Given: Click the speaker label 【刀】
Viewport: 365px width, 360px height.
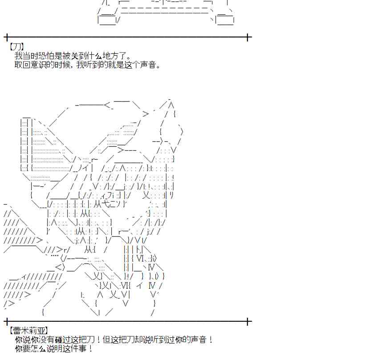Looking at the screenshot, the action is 16,46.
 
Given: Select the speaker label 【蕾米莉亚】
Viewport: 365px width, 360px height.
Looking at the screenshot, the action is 26,331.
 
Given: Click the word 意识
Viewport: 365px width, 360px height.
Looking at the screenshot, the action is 36,65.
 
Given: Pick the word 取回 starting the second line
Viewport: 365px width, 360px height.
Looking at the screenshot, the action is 21,65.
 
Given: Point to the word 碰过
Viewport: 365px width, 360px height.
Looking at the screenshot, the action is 57,340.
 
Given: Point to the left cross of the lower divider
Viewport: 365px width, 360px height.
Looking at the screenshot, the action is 7,321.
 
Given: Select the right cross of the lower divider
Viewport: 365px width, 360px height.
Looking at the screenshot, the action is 248,321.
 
